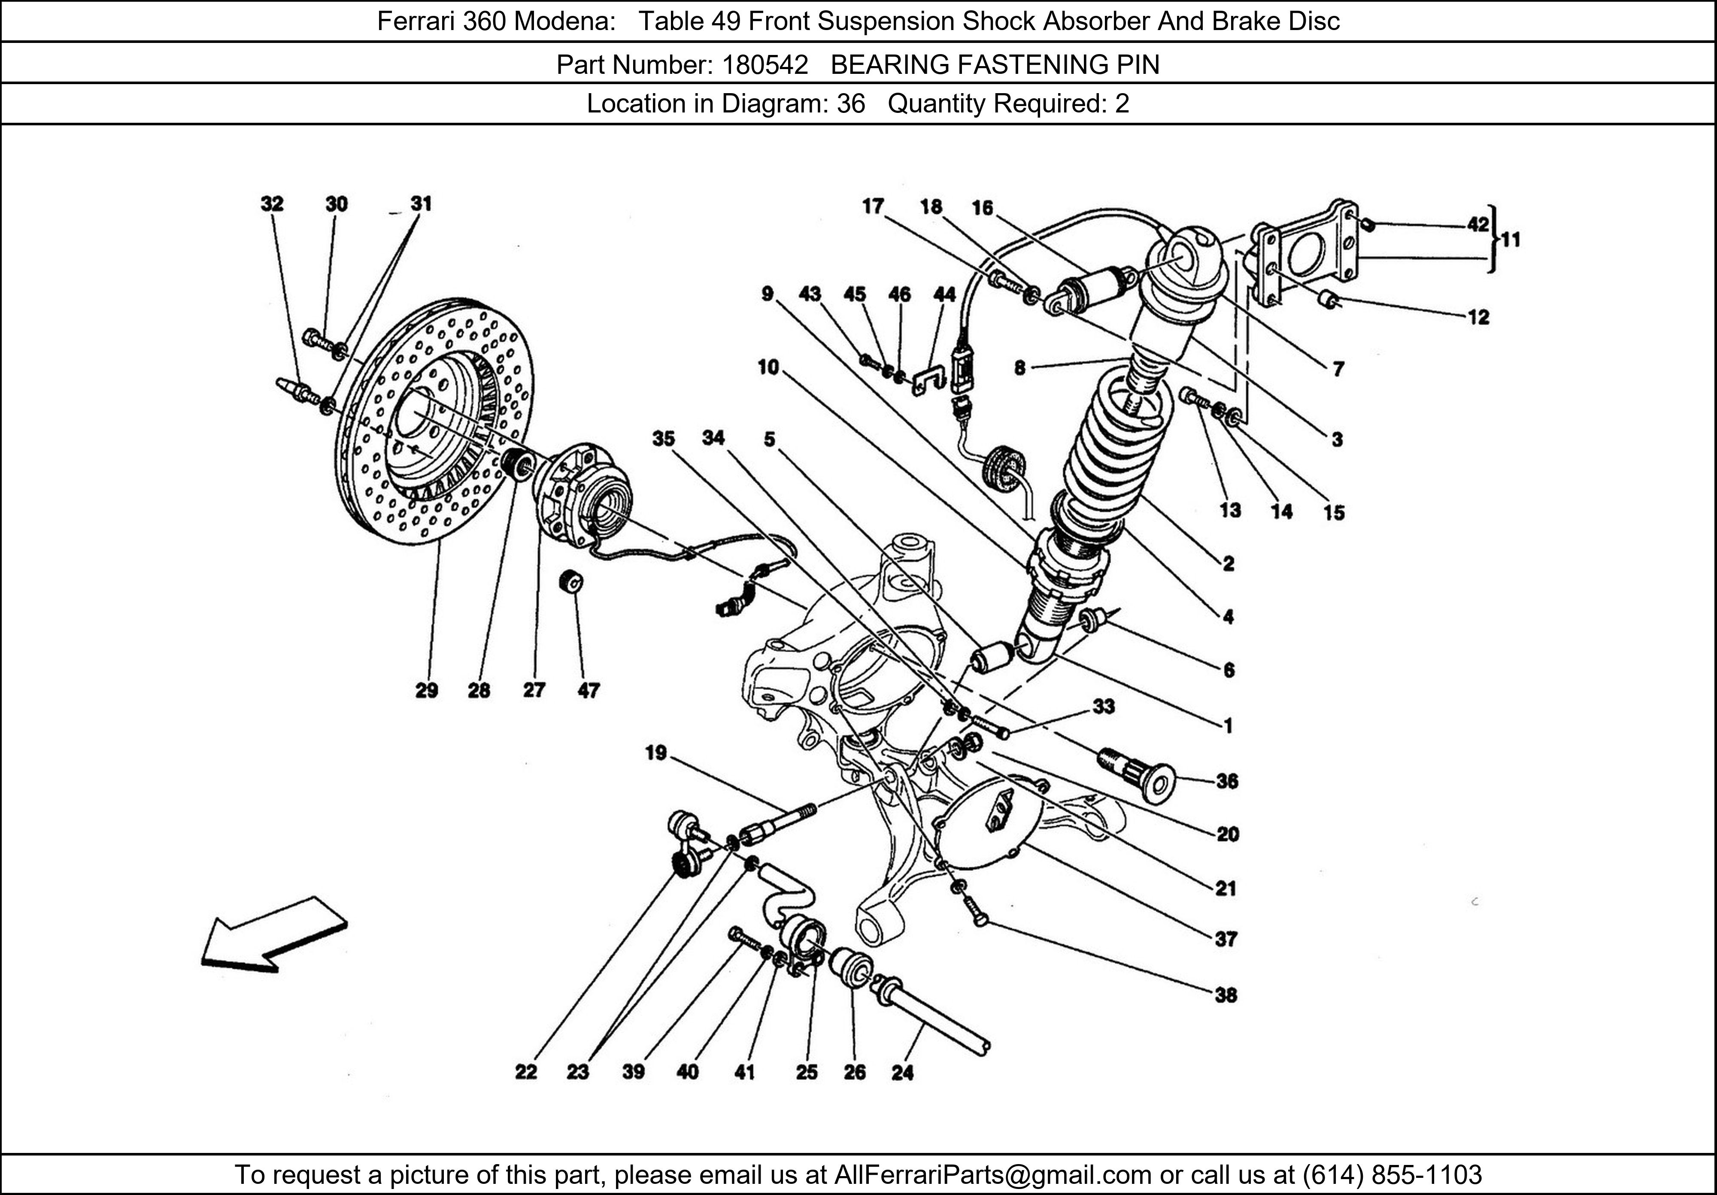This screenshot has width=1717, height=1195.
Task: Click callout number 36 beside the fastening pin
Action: coord(1227,782)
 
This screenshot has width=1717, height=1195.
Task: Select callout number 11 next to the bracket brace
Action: coord(1511,240)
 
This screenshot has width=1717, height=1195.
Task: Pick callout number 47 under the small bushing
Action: coord(589,690)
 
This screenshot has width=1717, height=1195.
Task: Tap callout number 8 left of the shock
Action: coord(1019,368)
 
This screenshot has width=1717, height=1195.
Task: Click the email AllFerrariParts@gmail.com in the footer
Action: coord(992,1175)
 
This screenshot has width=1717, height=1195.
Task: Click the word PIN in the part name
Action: coord(1138,65)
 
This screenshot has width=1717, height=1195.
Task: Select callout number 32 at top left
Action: coord(272,203)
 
